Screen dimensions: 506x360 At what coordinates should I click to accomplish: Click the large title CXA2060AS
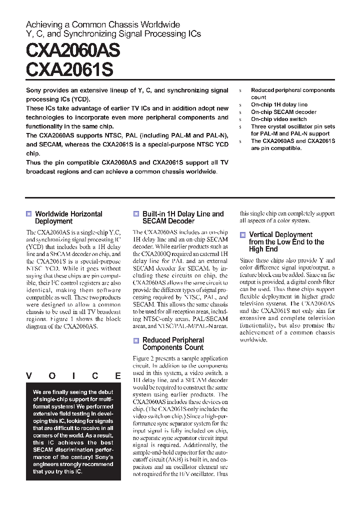[73, 51]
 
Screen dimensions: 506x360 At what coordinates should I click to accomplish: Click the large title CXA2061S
[69, 70]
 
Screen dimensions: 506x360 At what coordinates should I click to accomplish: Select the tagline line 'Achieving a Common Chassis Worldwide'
[102, 24]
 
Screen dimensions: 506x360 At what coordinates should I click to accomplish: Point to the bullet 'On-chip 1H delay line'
[279, 104]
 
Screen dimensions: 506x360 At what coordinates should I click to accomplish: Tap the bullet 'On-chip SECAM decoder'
[283, 112]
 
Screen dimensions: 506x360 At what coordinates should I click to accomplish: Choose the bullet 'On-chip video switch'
[278, 119]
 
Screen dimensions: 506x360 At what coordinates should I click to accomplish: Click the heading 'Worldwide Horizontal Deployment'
[68, 217]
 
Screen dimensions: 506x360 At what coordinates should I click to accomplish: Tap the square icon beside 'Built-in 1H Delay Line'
[136, 214]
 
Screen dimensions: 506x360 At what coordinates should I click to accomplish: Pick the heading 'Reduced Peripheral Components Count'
[173, 343]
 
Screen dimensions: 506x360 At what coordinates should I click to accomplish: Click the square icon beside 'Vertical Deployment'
[242, 234]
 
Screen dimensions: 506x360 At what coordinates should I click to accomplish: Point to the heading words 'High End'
[263, 249]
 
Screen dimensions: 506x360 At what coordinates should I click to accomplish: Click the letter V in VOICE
[29, 376]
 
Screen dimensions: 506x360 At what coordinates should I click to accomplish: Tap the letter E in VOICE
[117, 376]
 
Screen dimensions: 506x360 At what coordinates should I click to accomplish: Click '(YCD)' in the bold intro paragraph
[80, 99]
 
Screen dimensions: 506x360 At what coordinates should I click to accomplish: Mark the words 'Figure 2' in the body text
[144, 358]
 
